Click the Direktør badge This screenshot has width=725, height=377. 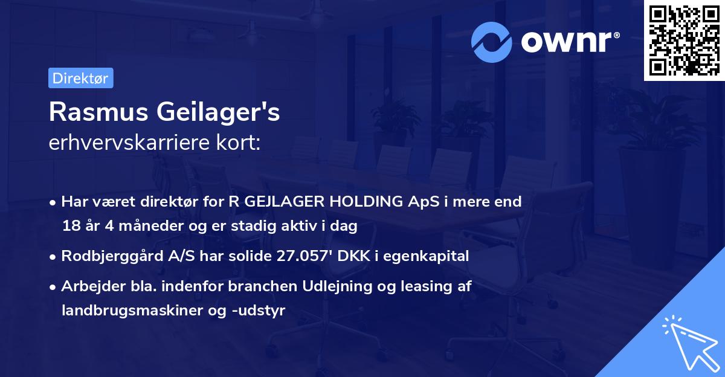pos(80,78)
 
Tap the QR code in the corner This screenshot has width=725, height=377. pos(684,40)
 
